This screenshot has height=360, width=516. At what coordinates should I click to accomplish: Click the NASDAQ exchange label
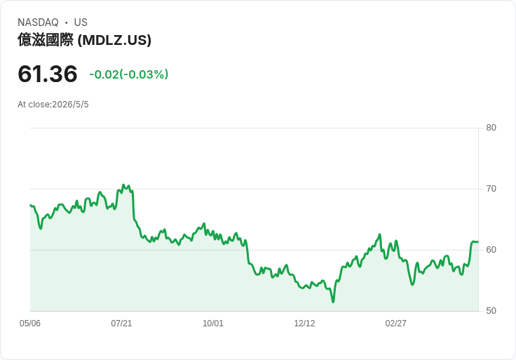coord(38,22)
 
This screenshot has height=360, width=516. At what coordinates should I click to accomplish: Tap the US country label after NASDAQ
coord(81,22)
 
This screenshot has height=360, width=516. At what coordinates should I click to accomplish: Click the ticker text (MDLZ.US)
coord(114,40)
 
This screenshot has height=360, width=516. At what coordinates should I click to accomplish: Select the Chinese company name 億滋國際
coord(46,40)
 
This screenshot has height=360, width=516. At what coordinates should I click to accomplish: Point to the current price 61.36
coord(48,74)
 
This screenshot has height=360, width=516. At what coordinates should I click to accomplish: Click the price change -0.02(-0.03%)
coord(129,74)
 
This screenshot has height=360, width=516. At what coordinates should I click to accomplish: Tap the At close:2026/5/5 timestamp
coord(53,105)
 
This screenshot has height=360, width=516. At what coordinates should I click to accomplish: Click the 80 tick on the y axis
coord(491,128)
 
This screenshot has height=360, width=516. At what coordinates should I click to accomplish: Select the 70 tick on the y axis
coord(491,189)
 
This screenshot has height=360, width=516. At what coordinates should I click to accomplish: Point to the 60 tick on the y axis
coord(491,250)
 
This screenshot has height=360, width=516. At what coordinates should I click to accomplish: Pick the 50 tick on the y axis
coord(491,311)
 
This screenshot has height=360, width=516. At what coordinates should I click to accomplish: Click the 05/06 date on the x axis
coord(30,324)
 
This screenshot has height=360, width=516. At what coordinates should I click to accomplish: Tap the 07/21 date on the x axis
coord(121,324)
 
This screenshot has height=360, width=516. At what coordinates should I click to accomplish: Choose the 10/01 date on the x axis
coord(213,324)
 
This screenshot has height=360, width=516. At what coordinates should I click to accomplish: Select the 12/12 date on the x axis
coord(304,324)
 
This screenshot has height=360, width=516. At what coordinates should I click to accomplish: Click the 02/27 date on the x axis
coord(396,324)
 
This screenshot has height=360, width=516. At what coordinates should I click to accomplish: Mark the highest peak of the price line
coord(123,185)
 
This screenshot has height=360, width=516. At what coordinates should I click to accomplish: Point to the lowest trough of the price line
coord(333,302)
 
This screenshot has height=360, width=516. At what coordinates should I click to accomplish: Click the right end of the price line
coord(478,242)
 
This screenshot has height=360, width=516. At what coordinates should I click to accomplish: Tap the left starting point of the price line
coord(30,205)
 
